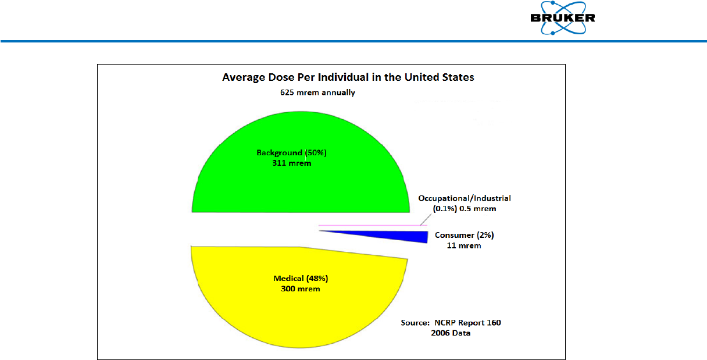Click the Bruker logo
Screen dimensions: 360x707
tap(562, 19)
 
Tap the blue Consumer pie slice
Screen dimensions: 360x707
tap(407, 236)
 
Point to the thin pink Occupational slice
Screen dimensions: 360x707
tap(372, 225)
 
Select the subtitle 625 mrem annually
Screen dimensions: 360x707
tap(317, 92)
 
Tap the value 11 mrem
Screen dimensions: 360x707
tap(460, 245)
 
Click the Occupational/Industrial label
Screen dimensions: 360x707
tap(465, 198)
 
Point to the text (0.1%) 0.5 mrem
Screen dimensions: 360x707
tap(464, 208)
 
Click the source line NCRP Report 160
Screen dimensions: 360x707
tap(451, 323)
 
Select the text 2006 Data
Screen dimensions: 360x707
tap(451, 333)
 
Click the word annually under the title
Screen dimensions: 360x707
tap(336, 92)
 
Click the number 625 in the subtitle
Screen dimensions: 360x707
tap(287, 92)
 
